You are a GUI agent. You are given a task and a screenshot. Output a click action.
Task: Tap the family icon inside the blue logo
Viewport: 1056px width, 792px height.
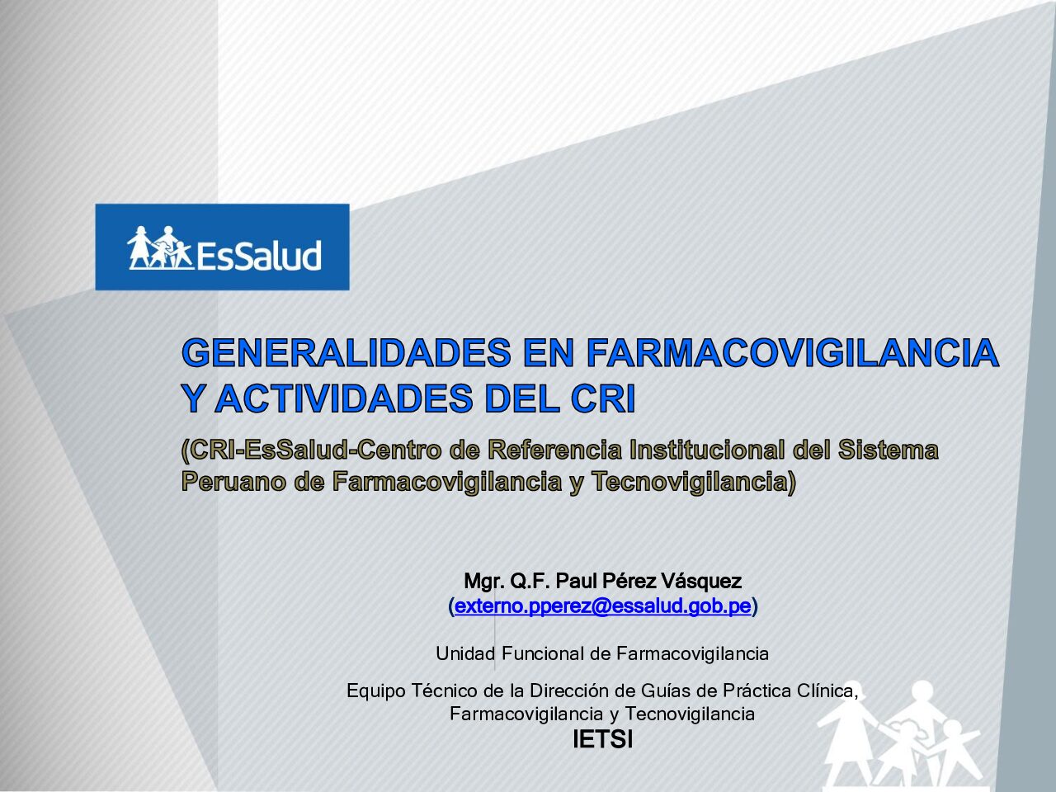click(x=159, y=247)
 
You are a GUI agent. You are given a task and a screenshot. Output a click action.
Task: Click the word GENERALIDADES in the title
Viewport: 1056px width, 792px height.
click(x=346, y=352)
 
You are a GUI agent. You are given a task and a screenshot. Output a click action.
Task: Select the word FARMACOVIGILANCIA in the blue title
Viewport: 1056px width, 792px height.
click(x=792, y=352)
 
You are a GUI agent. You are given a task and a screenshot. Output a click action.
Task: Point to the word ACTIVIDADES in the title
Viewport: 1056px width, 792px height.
click(x=343, y=398)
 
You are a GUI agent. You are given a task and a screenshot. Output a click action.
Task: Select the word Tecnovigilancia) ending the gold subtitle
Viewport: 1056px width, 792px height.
click(x=693, y=481)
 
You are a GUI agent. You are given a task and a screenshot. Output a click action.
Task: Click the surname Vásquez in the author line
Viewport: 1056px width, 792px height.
click(x=701, y=581)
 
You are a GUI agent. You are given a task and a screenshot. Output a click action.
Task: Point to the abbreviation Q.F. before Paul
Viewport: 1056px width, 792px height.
click(x=530, y=581)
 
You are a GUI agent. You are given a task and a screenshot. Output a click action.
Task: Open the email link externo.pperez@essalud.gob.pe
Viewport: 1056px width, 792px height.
click(x=603, y=606)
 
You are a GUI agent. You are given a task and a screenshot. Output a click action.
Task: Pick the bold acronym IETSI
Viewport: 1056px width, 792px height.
click(x=602, y=739)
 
